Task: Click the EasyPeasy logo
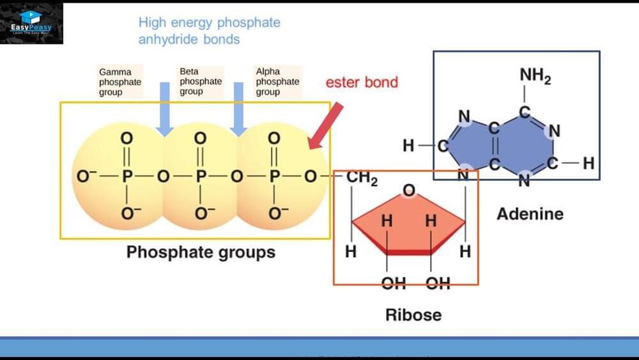click(x=32, y=23)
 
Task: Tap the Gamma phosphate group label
click(x=120, y=81)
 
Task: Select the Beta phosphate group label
click(x=201, y=81)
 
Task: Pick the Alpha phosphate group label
click(x=277, y=81)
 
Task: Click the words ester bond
click(x=362, y=82)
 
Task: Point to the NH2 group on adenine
click(x=535, y=75)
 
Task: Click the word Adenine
click(x=530, y=213)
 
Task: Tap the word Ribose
click(x=413, y=315)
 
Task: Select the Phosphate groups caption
click(x=201, y=252)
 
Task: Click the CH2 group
click(x=362, y=178)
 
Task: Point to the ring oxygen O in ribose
click(x=410, y=191)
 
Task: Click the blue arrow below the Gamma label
click(x=165, y=109)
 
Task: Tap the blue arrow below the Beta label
click(x=239, y=109)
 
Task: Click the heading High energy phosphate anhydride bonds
click(x=209, y=31)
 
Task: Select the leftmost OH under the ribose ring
click(x=394, y=283)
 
